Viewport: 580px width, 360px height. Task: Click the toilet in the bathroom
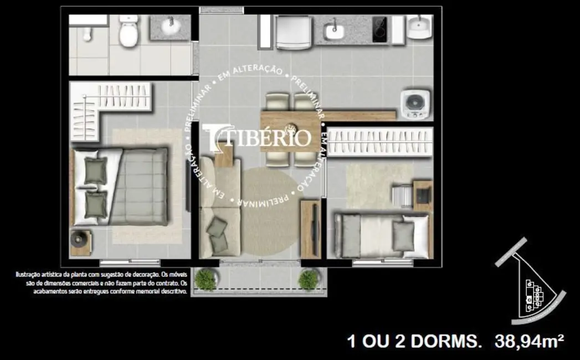point(129,32)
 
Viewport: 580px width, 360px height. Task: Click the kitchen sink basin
point(334,31)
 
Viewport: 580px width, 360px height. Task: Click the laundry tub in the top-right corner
point(419,25)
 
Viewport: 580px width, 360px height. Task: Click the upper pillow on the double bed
point(96,171)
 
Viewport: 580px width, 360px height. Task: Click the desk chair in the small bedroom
point(401,196)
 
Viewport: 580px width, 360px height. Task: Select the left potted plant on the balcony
point(206,280)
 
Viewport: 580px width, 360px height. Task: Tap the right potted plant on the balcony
point(308,280)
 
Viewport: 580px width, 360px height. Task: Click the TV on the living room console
point(314,227)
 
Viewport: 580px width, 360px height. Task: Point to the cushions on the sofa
point(215,227)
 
